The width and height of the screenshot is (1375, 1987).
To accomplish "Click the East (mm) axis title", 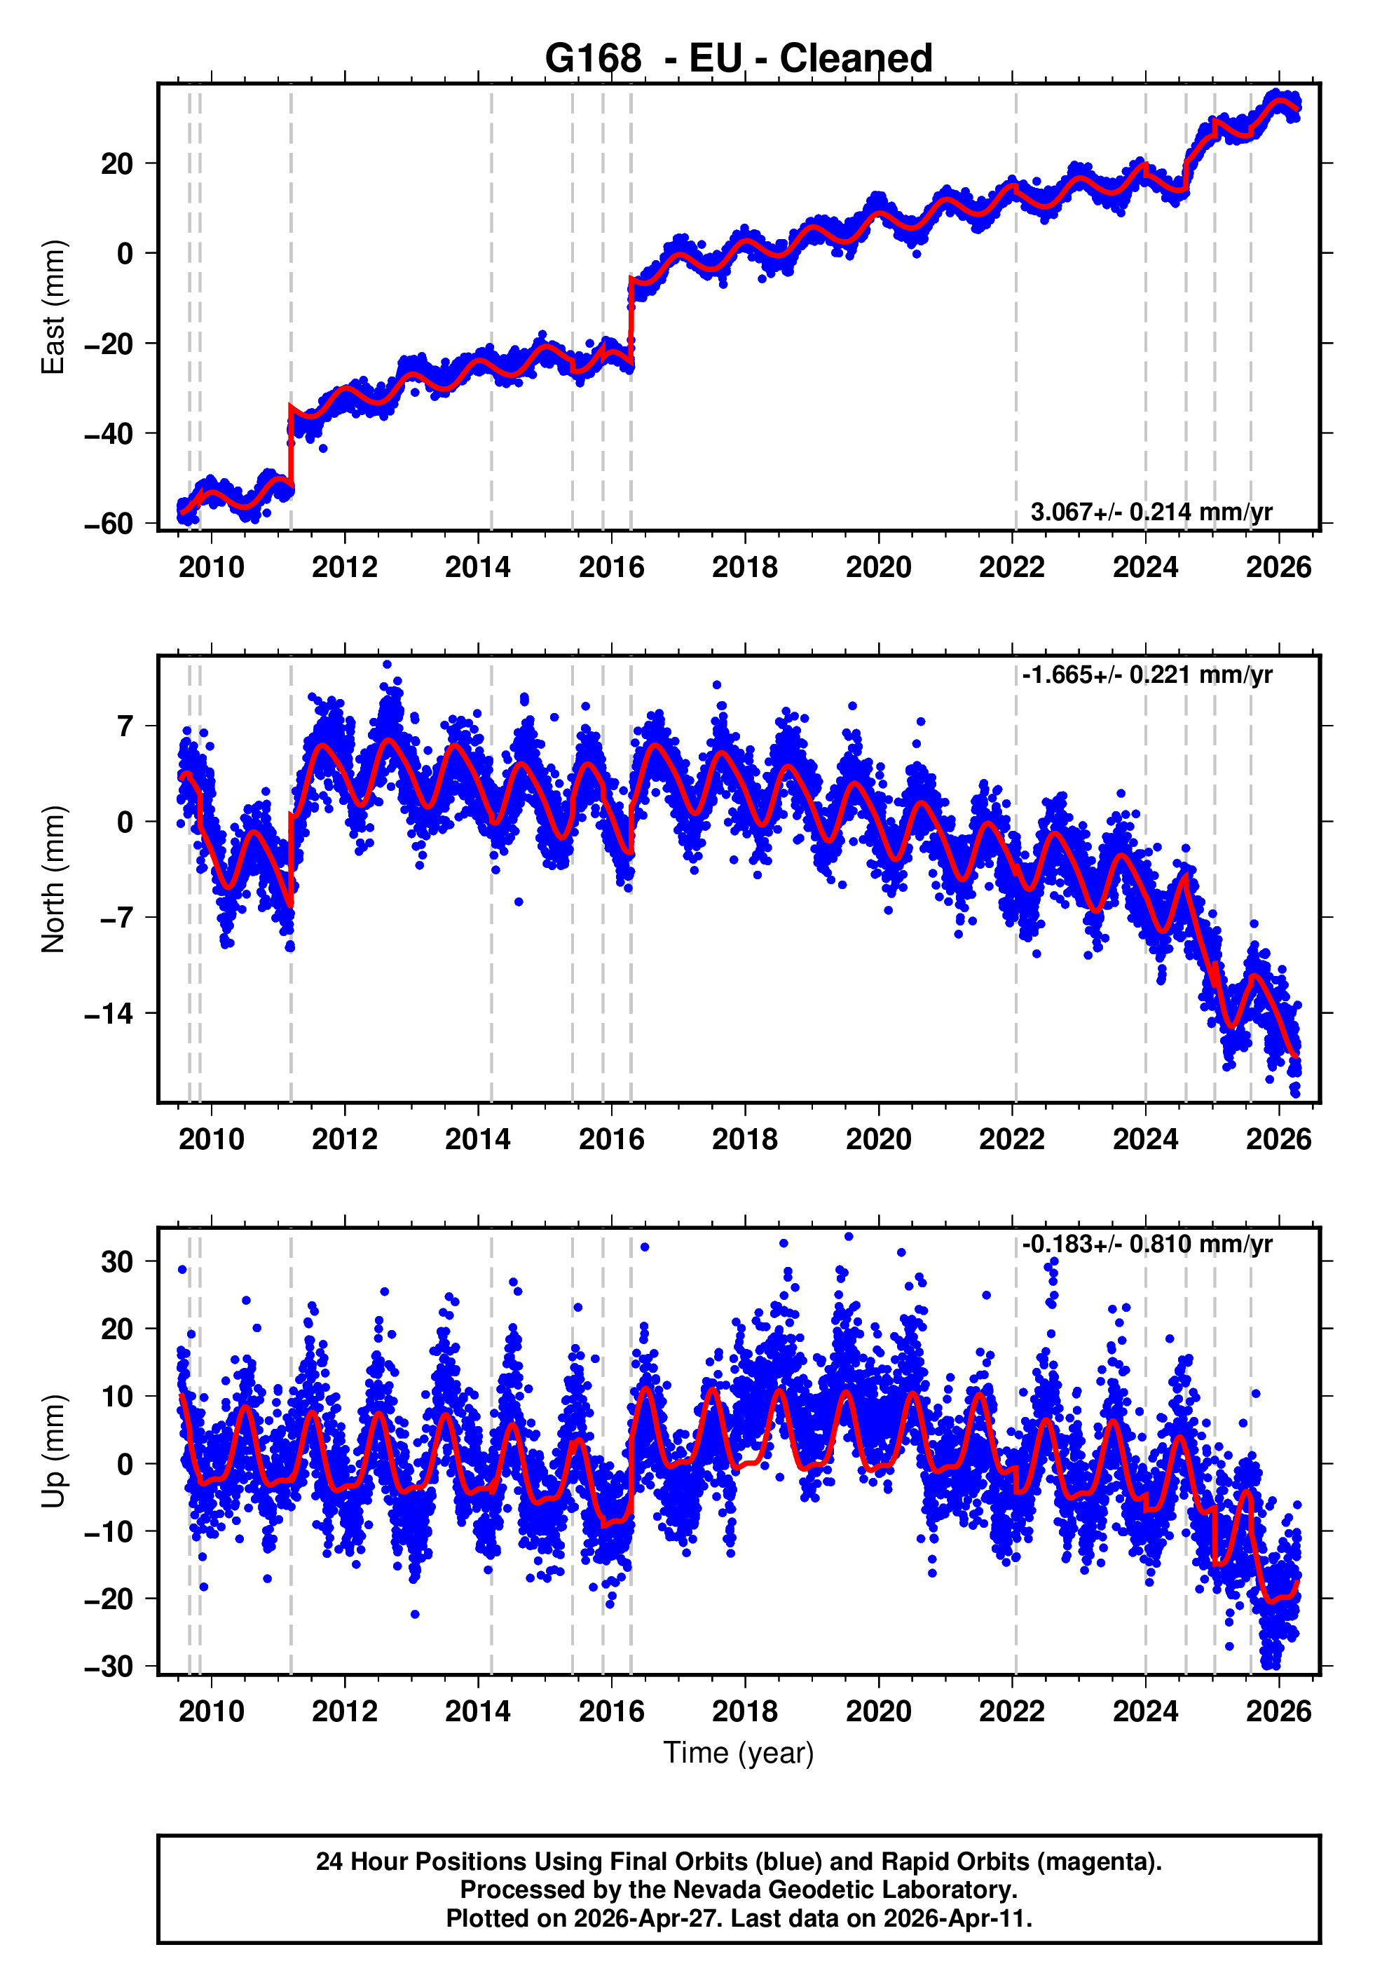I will click(53, 307).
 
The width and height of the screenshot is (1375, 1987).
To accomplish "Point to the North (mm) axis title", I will click(53, 879).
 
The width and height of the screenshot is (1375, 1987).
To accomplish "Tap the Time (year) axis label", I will click(739, 1753).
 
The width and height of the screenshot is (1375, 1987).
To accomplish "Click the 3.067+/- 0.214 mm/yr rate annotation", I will click(1151, 512).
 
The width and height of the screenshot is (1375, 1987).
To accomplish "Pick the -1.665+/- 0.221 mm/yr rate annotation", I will click(1147, 674).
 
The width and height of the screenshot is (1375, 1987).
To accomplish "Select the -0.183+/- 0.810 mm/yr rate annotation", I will click(1147, 1245).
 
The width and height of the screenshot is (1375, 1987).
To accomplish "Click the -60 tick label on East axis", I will click(109, 524).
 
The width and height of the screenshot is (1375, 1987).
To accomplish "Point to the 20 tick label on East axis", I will click(117, 164).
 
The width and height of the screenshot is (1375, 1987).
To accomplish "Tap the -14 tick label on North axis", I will click(109, 1014).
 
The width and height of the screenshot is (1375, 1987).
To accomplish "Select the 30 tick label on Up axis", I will click(117, 1261).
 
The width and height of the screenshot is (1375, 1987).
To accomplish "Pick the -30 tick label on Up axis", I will click(109, 1667).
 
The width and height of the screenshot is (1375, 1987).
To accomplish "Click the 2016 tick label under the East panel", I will click(611, 567).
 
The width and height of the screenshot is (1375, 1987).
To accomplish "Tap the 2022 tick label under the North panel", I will click(1011, 1139).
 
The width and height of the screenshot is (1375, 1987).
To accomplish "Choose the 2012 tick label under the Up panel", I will click(345, 1711).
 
